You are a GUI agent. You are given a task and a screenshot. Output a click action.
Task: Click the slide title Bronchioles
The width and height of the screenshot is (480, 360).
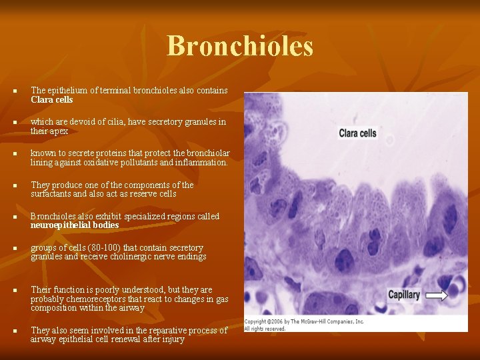[239, 46]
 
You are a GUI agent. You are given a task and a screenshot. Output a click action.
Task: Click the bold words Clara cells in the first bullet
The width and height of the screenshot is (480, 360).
[52, 100]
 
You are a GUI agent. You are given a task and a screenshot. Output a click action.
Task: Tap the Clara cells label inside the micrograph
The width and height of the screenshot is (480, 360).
[357, 133]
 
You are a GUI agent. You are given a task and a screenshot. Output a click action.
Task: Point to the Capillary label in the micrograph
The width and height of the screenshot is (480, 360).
[405, 295]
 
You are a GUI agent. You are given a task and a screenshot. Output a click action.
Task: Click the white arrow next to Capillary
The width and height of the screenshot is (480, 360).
[437, 295]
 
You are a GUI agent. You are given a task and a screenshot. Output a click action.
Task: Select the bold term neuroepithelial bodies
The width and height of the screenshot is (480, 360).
[75, 225]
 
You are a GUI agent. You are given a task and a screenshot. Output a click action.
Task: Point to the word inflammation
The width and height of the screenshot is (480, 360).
[203, 162]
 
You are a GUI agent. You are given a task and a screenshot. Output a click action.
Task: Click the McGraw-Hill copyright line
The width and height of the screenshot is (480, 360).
[304, 321]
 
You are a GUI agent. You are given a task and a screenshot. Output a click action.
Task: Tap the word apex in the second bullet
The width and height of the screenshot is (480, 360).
[59, 131]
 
